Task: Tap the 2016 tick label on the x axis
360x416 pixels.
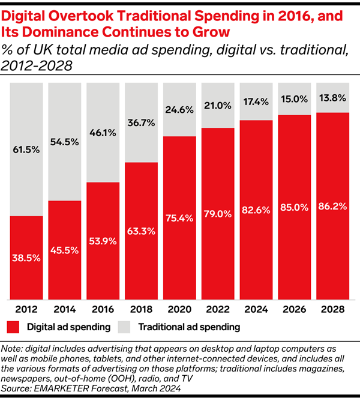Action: (x=103, y=310)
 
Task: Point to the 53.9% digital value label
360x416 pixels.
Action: (x=103, y=241)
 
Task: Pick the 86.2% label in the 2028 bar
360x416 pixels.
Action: (x=332, y=206)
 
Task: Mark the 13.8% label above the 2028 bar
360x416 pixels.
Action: (x=332, y=97)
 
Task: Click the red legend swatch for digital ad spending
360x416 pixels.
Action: (x=14, y=328)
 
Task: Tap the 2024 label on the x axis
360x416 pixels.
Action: (x=256, y=310)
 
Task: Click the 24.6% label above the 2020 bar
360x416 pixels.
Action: (x=179, y=110)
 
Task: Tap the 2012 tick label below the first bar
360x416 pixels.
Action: (x=26, y=310)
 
